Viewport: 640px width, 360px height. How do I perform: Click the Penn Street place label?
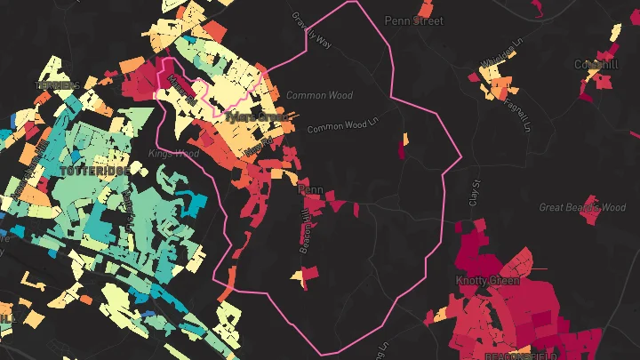[x=413, y=20]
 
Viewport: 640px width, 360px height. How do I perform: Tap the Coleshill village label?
[x=596, y=65]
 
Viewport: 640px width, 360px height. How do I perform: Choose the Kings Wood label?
[x=174, y=154]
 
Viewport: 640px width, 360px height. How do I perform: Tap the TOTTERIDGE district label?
[x=94, y=169]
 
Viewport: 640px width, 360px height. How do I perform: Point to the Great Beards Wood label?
[x=582, y=207]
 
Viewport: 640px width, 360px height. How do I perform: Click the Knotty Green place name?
[x=487, y=281]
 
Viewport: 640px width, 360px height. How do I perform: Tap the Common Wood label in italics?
[x=319, y=95]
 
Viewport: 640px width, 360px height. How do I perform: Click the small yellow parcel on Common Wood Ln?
[x=404, y=138]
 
